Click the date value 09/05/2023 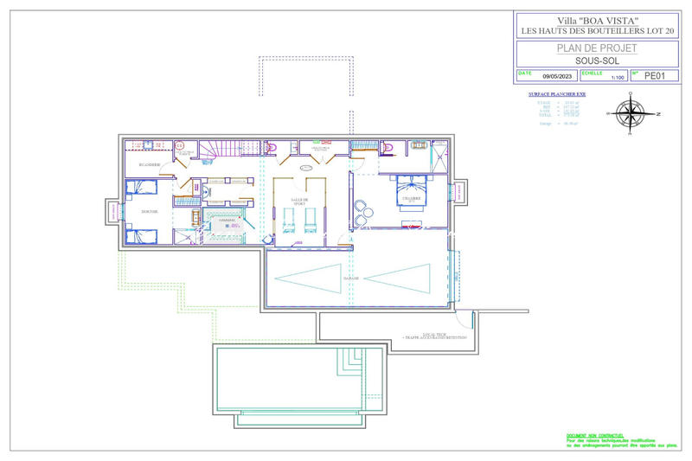(x=559, y=77)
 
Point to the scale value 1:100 (x=617, y=78)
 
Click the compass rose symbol (x=634, y=112)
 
